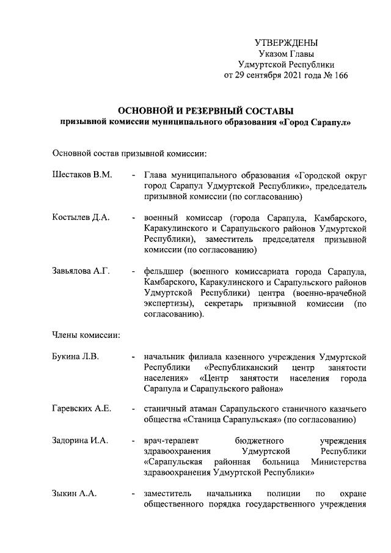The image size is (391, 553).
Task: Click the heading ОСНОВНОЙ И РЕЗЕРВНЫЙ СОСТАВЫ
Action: [205, 111]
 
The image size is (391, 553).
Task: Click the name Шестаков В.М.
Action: [82, 175]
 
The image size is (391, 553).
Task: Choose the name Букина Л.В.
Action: [76, 356]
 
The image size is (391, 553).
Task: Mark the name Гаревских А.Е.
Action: [82, 409]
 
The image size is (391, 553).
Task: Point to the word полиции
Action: [282, 493]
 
